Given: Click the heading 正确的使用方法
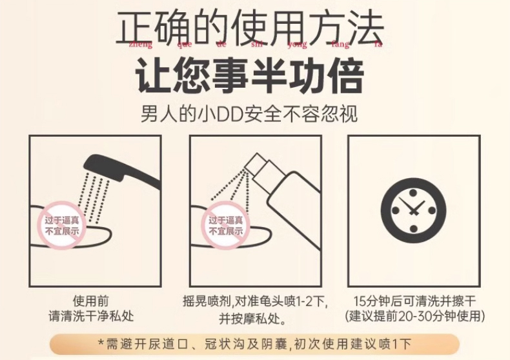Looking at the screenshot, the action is click(x=250, y=28).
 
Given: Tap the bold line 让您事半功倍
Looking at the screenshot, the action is click(x=249, y=75).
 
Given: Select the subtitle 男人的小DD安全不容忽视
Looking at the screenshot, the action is click(x=249, y=114).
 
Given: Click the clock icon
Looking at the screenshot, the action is click(x=413, y=210).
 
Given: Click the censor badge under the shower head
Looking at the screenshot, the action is click(x=62, y=226).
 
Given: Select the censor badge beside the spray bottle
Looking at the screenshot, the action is click(x=226, y=226).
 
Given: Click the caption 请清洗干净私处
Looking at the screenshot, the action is click(x=91, y=316).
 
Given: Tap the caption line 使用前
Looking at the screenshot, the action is click(x=91, y=301).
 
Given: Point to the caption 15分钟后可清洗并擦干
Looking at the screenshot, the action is click(x=414, y=301).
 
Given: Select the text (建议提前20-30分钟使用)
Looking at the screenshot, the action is click(x=414, y=316).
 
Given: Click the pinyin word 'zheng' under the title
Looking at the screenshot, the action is click(x=141, y=45).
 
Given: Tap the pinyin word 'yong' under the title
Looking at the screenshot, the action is click(x=297, y=45).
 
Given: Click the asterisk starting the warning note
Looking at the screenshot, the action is click(x=101, y=343).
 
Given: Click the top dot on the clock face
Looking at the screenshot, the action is click(x=413, y=193).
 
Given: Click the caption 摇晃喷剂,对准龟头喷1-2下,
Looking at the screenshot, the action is click(x=255, y=301).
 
